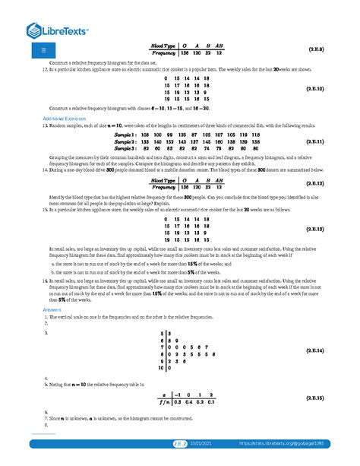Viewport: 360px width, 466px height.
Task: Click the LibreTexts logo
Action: pos(58,31)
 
